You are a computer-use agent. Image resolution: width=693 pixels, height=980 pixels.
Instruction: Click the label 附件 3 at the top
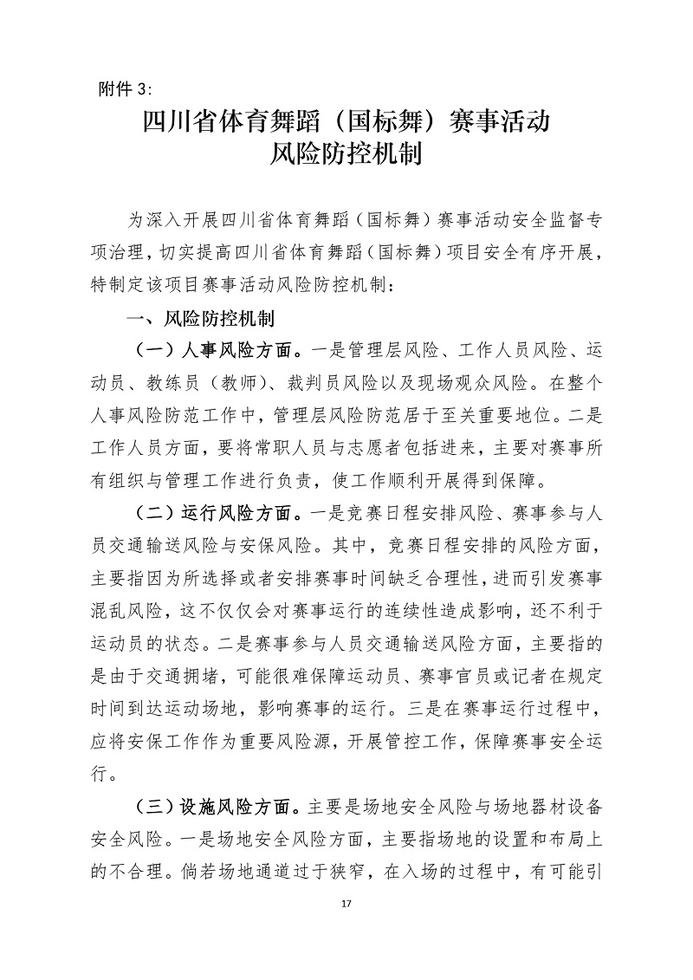pos(125,88)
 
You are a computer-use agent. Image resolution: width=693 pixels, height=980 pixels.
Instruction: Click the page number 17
pos(346,905)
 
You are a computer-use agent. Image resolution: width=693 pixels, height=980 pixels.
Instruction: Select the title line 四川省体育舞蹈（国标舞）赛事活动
pos(346,120)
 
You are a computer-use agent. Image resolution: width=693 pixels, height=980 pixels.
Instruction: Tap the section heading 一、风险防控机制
pos(201,320)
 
